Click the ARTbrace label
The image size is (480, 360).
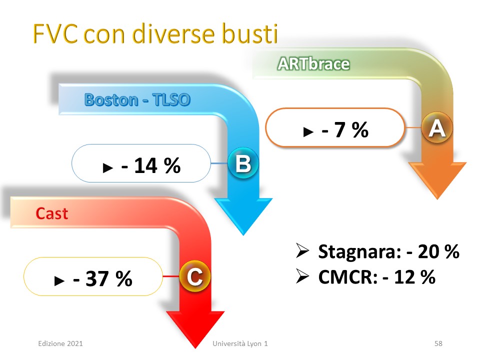click(x=313, y=64)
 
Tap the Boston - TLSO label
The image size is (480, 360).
click(x=137, y=100)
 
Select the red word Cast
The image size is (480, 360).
click(x=51, y=213)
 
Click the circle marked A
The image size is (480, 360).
click(x=437, y=127)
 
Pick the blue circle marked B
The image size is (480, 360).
click(x=243, y=163)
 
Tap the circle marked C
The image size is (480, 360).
click(x=194, y=276)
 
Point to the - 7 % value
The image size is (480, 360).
click(x=344, y=129)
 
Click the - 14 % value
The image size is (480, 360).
click(x=151, y=165)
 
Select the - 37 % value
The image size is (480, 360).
click(x=102, y=278)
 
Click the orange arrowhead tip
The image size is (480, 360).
click(x=438, y=199)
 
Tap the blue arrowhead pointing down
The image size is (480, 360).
click(x=243, y=216)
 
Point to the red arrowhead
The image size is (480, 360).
click(x=195, y=329)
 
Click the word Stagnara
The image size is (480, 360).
click(x=359, y=251)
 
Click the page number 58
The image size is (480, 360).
click(x=438, y=343)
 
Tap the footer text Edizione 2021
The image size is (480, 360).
click(x=60, y=343)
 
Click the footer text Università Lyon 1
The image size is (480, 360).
click(x=240, y=343)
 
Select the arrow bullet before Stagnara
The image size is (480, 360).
click(x=302, y=250)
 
